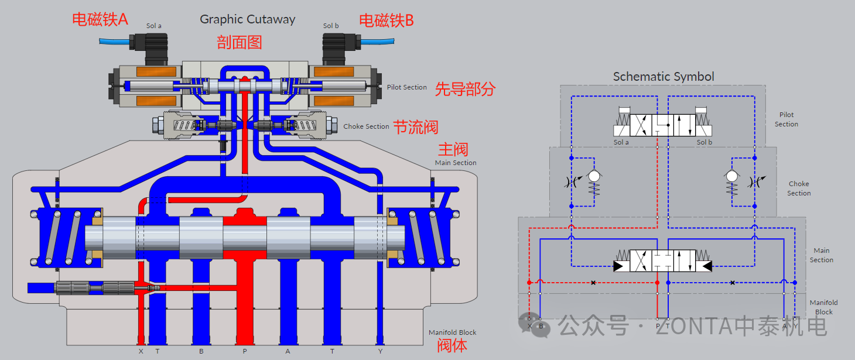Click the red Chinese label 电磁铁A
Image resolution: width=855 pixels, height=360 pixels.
[x=100, y=19]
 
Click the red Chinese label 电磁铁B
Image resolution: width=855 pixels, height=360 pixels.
[x=386, y=20]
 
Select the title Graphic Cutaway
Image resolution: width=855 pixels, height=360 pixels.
[x=247, y=19]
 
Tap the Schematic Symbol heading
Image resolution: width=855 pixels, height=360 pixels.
[x=663, y=77]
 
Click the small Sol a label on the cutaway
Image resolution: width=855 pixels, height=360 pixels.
[x=154, y=26]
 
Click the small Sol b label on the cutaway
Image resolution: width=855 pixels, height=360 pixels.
[x=331, y=26]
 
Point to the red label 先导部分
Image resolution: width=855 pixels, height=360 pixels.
[x=465, y=89]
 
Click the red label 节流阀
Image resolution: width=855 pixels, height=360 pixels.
[x=415, y=127]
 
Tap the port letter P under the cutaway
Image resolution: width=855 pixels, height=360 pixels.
[x=244, y=351]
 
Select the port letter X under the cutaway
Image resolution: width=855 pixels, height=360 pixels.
[x=141, y=351]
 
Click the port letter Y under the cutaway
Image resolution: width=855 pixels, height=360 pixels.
[x=381, y=351]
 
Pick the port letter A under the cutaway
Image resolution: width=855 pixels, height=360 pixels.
[x=288, y=351]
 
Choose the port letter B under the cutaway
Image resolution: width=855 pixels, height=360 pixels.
[x=201, y=351]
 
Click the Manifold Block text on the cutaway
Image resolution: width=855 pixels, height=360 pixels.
[x=452, y=332]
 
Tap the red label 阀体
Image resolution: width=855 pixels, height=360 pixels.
[x=452, y=345]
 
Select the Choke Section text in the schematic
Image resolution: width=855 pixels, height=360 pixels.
[x=799, y=188]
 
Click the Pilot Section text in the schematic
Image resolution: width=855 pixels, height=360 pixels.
[x=786, y=119]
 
